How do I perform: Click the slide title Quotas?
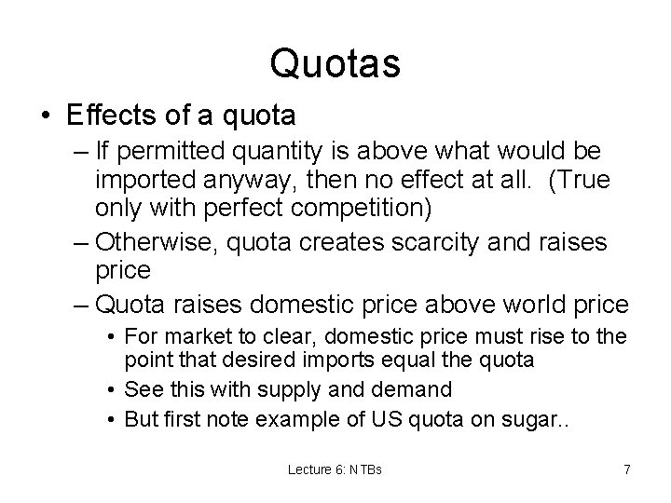tap(335, 63)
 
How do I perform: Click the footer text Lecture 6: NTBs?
tap(335, 469)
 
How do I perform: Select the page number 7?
tap(626, 469)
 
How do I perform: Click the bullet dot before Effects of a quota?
tap(48, 116)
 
